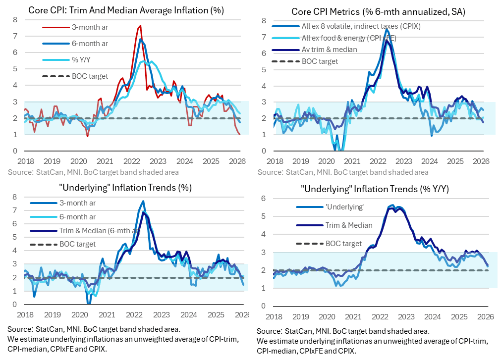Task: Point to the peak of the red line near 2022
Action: click(141, 26)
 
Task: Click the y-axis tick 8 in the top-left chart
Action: click(15, 20)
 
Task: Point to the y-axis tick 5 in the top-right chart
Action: click(264, 69)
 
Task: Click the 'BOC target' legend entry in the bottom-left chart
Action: click(77, 244)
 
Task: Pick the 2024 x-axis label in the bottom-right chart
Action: click(433, 316)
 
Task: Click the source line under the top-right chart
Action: click(343, 172)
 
